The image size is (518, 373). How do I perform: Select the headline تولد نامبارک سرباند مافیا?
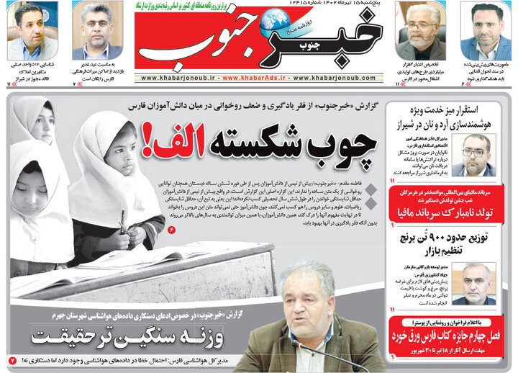(x=450, y=214)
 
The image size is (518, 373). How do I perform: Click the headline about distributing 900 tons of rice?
(x=451, y=243)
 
